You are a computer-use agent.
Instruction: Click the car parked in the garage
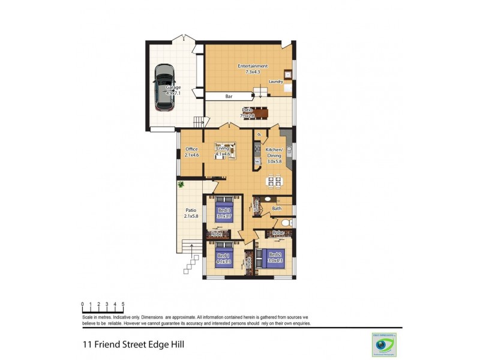click(163, 88)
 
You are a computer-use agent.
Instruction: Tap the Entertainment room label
click(252, 66)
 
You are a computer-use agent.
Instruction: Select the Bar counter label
click(229, 96)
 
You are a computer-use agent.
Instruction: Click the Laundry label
click(275, 82)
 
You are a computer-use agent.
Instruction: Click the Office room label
click(191, 149)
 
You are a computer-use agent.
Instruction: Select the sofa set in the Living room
click(226, 151)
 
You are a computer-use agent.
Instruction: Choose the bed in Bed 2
click(273, 257)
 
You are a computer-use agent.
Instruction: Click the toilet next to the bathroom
click(287, 223)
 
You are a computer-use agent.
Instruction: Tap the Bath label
click(277, 209)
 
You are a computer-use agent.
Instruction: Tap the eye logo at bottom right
click(381, 345)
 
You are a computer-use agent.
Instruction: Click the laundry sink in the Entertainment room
click(288, 75)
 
